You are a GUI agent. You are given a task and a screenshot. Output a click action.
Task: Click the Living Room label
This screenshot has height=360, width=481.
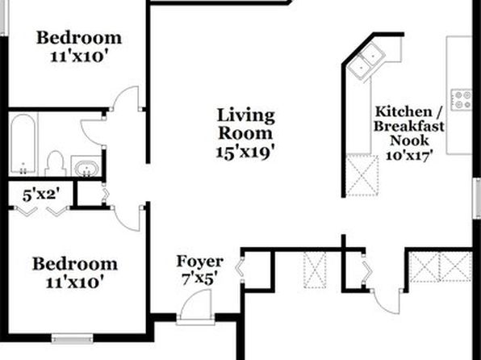point(245,124)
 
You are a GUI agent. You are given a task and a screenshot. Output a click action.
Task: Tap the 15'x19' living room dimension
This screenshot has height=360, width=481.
point(245,153)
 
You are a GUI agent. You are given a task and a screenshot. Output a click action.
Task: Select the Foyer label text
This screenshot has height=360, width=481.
point(199,262)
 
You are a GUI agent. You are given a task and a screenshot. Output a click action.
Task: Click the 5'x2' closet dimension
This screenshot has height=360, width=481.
point(40,195)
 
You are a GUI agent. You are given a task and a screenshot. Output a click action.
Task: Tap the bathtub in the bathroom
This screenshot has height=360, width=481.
point(23,144)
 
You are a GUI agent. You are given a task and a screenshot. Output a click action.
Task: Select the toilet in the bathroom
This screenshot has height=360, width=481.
point(55,164)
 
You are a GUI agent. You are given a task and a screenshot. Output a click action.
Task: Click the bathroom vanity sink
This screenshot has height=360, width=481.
point(87,168)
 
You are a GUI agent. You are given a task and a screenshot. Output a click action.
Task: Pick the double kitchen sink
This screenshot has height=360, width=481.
point(367,61)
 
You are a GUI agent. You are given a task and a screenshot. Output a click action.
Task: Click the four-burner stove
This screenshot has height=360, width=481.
point(461,100)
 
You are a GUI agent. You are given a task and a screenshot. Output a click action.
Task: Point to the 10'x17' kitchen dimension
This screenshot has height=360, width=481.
point(407,155)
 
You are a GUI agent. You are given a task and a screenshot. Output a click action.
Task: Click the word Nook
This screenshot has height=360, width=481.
point(409,140)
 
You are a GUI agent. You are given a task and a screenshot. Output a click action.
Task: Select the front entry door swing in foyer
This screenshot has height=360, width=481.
point(195,306)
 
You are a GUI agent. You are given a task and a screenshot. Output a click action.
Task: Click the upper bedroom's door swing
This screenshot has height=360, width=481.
point(126,98)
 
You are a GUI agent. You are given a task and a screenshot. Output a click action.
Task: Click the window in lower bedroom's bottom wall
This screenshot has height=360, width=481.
point(72,338)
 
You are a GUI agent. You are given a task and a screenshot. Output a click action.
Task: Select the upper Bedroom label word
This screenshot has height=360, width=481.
point(79,38)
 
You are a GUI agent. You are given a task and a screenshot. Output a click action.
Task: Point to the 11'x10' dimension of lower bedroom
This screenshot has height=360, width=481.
point(73,282)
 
